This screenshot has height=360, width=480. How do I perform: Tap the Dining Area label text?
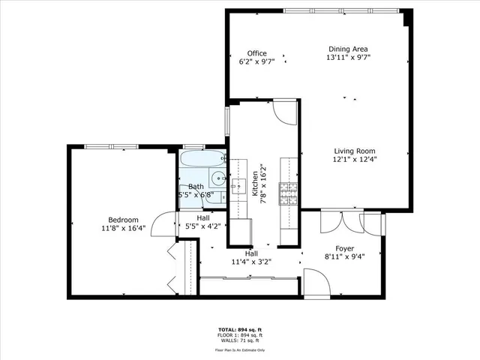point(349,48)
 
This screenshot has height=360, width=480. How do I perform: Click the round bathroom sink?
point(217,178)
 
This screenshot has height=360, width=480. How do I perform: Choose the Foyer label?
point(344,248)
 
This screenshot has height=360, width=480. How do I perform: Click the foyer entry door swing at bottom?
point(316,283)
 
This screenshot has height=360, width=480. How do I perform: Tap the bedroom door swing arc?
point(161,223)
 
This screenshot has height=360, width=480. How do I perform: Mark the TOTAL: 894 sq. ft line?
point(239,330)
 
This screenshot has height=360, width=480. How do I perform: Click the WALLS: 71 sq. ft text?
point(239,341)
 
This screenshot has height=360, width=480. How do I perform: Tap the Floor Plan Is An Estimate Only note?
point(239,349)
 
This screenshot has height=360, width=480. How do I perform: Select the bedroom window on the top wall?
point(109,146)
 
